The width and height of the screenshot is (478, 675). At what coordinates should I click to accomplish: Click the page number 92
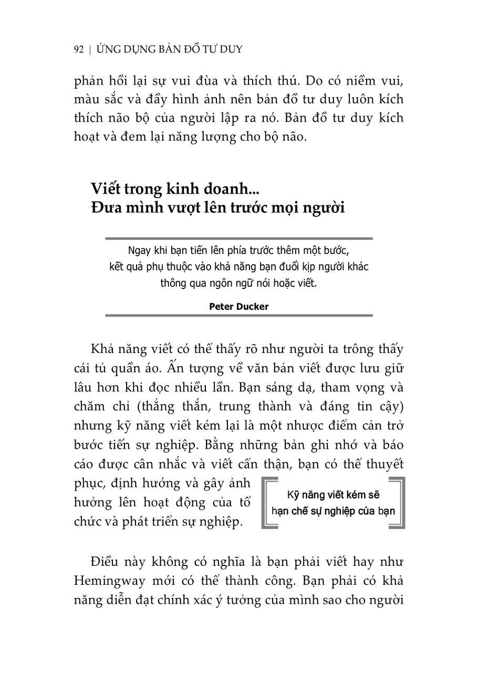(79, 50)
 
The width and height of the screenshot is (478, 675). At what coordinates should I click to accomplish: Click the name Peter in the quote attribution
(221, 306)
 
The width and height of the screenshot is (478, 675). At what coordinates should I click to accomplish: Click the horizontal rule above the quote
(239, 238)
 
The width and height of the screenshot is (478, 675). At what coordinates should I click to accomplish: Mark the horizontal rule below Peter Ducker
(239, 316)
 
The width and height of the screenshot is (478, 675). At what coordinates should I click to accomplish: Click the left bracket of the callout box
(267, 502)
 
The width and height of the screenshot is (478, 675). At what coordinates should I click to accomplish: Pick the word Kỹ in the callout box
(294, 494)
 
